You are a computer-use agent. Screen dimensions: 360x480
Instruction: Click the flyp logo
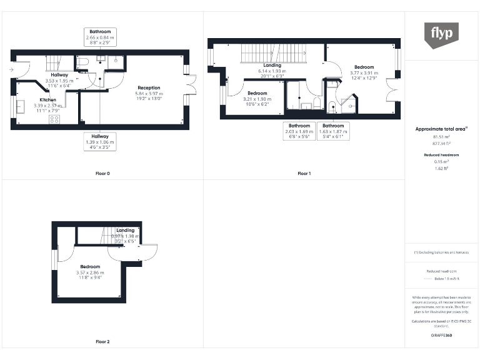(x=442, y=35)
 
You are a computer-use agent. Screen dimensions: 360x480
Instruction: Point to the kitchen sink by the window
(x=20, y=106)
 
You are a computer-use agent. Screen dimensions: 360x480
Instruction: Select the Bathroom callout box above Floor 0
(x=100, y=37)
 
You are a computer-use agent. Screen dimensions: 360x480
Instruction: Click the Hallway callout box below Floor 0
(x=100, y=142)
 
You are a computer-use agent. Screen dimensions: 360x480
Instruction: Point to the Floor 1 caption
(x=304, y=173)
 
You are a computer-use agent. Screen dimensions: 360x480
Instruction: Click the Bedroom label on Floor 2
(x=90, y=271)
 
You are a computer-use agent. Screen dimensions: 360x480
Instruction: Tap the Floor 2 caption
(x=102, y=342)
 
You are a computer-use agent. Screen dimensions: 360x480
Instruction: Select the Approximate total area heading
(x=442, y=129)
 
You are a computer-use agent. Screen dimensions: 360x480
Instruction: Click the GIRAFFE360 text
(x=441, y=336)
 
